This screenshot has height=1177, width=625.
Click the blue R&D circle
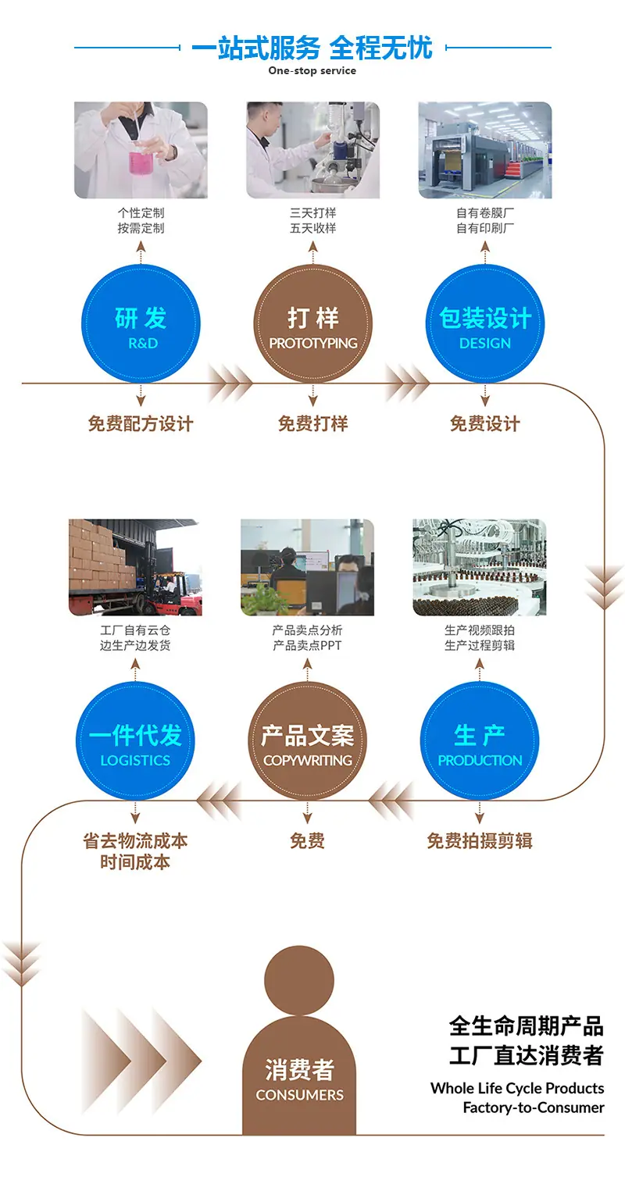[141, 323]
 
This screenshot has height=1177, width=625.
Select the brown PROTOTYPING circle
[312, 323]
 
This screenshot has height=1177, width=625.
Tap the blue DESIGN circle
[485, 323]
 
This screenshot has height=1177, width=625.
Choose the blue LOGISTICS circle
[135, 741]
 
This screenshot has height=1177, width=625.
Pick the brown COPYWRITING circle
[308, 741]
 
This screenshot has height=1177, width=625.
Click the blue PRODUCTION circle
[480, 741]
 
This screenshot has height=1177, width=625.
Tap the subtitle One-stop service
[312, 70]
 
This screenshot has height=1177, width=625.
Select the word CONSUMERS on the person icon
[300, 1095]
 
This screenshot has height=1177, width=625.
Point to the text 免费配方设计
[141, 423]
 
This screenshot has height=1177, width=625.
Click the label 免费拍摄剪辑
[480, 840]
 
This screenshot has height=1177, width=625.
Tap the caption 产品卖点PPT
[308, 645]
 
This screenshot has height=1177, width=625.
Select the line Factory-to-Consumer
[534, 1107]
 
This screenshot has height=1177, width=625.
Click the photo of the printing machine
[485, 150]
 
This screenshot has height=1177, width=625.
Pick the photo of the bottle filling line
[480, 568]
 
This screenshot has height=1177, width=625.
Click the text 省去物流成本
[135, 840]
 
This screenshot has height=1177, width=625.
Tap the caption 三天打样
[312, 212]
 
